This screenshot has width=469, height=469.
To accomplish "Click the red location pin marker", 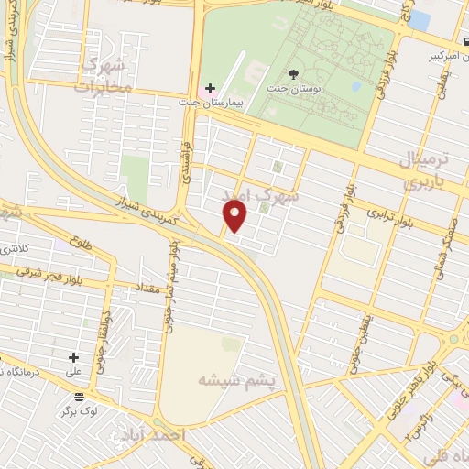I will [x=235, y=216].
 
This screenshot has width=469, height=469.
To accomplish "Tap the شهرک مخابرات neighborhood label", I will [x=105, y=75].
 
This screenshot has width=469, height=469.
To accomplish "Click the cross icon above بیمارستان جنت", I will [x=210, y=90].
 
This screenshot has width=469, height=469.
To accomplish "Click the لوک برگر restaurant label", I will [x=80, y=413].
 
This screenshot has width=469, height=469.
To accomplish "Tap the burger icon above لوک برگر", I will [x=80, y=398].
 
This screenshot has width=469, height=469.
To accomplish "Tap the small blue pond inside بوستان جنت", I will [x=355, y=88].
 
